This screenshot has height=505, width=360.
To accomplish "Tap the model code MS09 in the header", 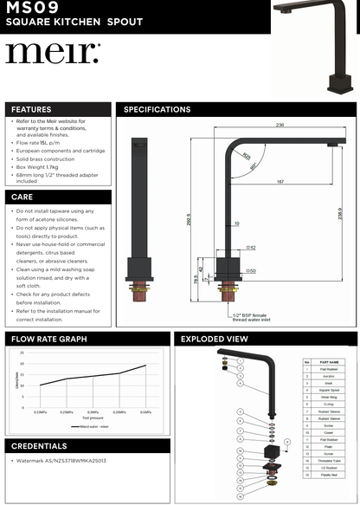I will pyautogui.click(x=32, y=8).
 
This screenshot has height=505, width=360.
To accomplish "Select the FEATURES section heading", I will pyautogui.click(x=32, y=110).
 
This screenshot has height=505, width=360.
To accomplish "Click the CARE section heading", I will pyautogui.click(x=23, y=197).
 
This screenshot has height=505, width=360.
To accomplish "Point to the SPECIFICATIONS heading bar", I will pyautogui.click(x=157, y=110).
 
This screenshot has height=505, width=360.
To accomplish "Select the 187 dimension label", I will pyautogui.click(x=281, y=182).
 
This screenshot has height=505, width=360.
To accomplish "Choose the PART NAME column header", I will pyautogui.click(x=329, y=362).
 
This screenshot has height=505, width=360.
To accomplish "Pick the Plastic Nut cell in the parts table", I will pyautogui.click(x=329, y=476).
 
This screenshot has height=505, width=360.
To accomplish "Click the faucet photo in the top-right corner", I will pyautogui.click(x=316, y=48).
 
